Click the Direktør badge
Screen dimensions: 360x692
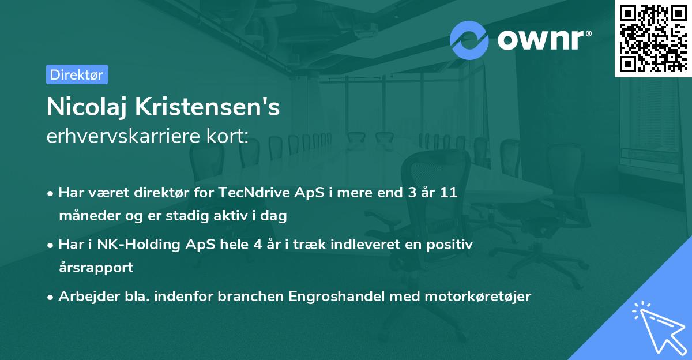[77, 74]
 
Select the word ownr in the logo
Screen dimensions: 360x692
[543, 39]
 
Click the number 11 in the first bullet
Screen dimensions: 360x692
[449, 193]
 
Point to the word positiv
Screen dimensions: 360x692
[453, 245]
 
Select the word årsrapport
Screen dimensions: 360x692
[96, 268]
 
